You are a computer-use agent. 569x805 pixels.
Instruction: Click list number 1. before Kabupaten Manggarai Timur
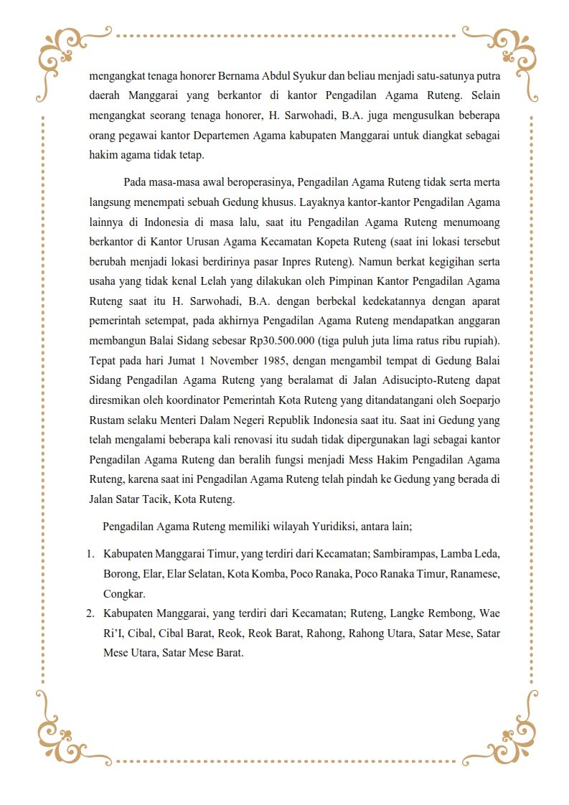pos(91,554)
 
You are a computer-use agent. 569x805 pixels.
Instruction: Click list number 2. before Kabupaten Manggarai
pos(91,613)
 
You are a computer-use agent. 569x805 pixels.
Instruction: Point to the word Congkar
pos(124,593)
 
